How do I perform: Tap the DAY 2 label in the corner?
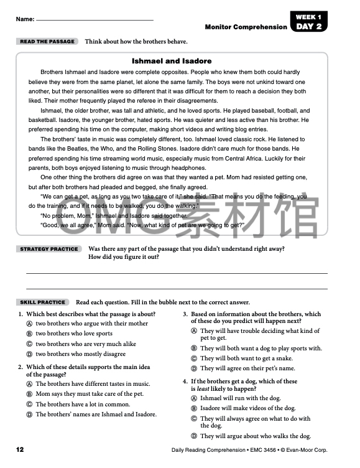pos(309,27)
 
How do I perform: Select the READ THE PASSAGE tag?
pos(47,42)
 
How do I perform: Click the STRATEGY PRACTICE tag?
pos(49,249)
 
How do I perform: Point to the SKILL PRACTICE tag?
pos(42,302)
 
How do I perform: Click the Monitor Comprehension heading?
pos(246,27)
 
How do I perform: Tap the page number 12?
pos(20,449)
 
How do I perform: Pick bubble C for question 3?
pos(194,358)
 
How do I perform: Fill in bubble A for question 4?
pos(194,398)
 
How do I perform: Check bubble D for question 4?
pos(194,436)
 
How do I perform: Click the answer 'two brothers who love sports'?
pos(74,334)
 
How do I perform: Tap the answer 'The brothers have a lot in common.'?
pos(83,404)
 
